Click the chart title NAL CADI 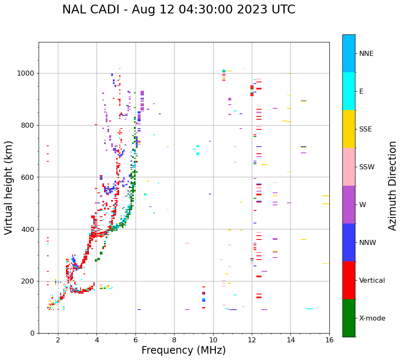[178, 10]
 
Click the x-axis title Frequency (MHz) [183, 350]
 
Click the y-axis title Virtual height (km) [9, 188]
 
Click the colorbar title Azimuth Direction [392, 186]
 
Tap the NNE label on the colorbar [366, 54]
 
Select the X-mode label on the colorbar [372, 318]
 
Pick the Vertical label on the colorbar [372, 281]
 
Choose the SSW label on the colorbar [367, 167]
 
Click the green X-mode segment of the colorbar [349, 318]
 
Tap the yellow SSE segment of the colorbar [349, 129]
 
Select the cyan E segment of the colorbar [349, 91]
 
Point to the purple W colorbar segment [349, 205]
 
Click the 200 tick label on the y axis [30, 281]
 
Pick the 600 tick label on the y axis [30, 177]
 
